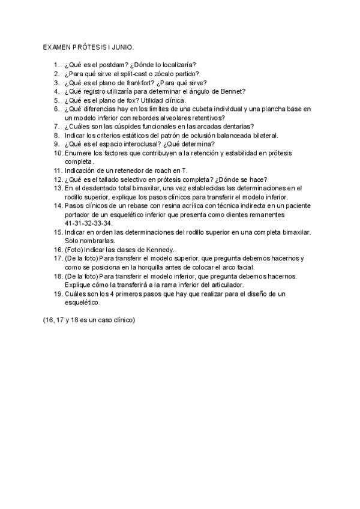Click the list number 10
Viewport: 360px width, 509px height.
(x=56, y=154)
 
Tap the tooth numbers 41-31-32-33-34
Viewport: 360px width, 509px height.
(x=88, y=223)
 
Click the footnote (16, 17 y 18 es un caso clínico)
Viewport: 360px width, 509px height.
(x=89, y=320)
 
